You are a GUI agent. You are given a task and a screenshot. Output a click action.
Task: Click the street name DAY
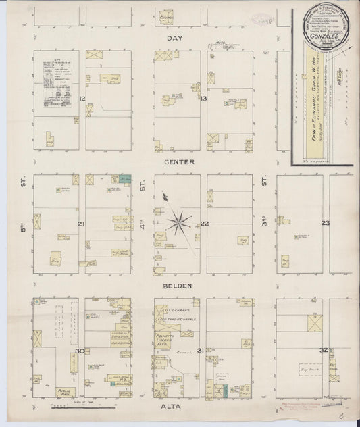click(175, 39)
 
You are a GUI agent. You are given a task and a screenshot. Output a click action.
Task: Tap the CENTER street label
click(178, 162)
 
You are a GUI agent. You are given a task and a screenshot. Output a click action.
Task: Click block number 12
click(82, 100)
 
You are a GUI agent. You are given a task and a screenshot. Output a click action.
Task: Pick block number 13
click(203, 100)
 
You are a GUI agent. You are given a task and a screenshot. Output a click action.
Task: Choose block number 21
click(80, 224)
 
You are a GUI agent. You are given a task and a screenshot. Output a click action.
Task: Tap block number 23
click(325, 224)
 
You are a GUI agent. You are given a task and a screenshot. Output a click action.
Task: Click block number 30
click(80, 351)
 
